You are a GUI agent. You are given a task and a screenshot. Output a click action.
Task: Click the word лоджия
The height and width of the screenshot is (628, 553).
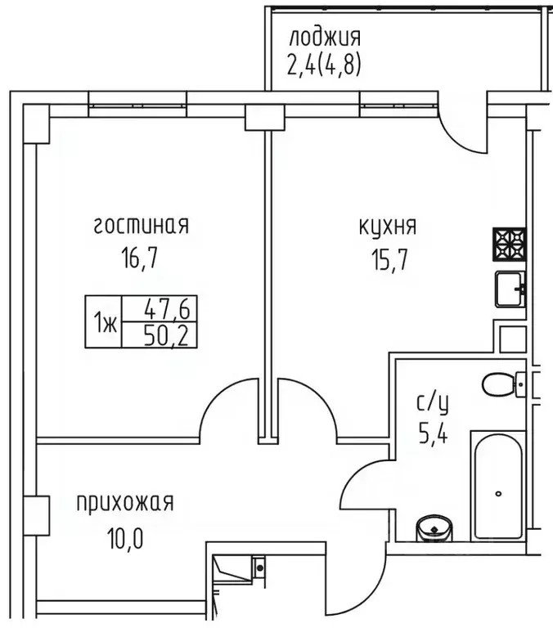coord(323,38)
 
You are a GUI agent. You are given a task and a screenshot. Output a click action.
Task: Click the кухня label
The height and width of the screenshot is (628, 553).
coord(389,226)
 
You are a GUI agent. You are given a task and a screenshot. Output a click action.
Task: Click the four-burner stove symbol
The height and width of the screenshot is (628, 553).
coord(508,243)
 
